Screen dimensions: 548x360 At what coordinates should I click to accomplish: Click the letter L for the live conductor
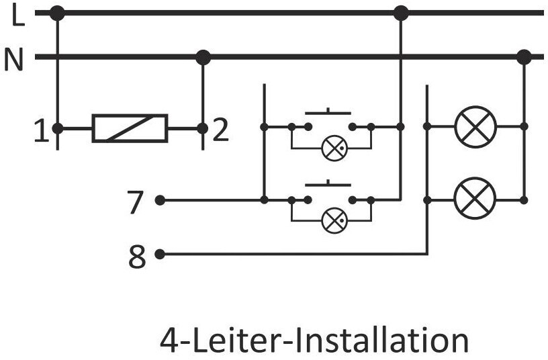(18, 15)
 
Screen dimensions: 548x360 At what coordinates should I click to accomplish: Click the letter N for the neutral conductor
(13, 59)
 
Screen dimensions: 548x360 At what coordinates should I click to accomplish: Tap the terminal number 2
(220, 130)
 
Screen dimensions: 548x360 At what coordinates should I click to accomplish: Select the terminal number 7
(135, 202)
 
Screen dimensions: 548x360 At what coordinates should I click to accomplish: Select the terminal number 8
(137, 257)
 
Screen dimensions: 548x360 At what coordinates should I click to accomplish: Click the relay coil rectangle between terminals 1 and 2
(130, 128)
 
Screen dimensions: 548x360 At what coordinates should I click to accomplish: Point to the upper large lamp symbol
(475, 127)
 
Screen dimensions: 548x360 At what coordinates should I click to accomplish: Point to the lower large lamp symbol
(475, 198)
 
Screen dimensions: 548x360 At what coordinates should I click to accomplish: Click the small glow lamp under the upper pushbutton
(334, 148)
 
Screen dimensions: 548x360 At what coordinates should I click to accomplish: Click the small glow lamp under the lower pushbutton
(334, 220)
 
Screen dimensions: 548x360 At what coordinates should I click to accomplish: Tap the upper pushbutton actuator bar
(328, 113)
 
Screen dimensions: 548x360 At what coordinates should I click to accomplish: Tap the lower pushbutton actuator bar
(328, 184)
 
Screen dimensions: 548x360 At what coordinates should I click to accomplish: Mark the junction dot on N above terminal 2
(203, 57)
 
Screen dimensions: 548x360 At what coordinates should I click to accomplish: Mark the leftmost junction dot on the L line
(57, 13)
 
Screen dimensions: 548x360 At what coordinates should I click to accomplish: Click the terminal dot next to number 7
(160, 200)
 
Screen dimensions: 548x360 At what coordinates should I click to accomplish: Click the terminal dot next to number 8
(160, 255)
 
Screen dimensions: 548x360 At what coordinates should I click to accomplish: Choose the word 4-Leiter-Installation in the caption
(314, 339)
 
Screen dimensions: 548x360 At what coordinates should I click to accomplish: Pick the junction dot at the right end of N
(524, 57)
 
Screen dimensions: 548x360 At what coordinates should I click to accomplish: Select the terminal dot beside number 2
(202, 129)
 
